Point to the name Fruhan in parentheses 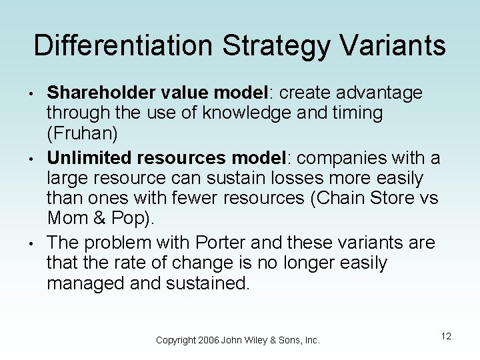pos(82,135)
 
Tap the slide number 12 pos(446,337)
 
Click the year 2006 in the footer pos(209,340)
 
